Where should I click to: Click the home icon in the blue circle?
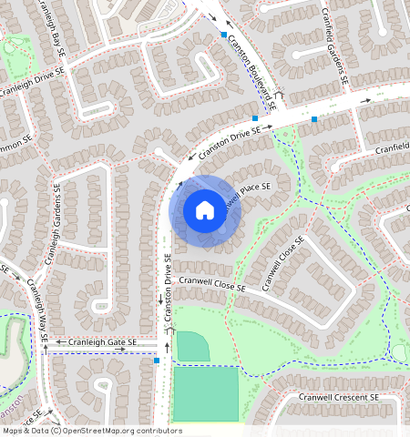205,211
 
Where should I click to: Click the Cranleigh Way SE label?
36,310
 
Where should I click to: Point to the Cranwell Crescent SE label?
339,398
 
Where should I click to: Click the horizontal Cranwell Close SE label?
212,286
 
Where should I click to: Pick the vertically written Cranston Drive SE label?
169,287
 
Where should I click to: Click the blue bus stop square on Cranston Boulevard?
223,35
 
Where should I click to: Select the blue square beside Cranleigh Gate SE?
157,361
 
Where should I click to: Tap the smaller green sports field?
192,346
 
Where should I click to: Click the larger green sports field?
205,393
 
